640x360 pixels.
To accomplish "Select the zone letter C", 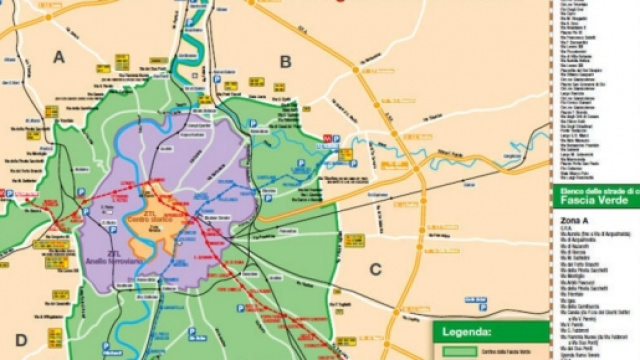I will [x=376, y=268].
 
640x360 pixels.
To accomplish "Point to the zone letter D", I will [x=21, y=339].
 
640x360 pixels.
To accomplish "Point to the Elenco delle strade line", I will [x=592, y=189].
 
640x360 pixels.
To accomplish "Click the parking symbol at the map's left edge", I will [x=9, y=194].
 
